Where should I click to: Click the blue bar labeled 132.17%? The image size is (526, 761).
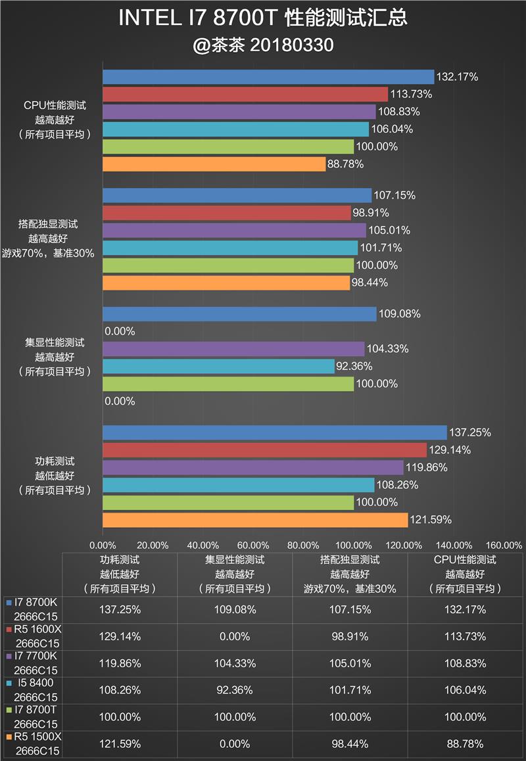click(x=268, y=77)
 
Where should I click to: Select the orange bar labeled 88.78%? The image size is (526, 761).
click(x=214, y=164)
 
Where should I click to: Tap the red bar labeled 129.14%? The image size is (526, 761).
click(x=264, y=450)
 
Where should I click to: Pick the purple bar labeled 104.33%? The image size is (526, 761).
click(x=233, y=349)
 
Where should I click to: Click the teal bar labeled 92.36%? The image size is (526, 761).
click(x=218, y=366)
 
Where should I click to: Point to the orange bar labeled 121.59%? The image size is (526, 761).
click(x=255, y=520)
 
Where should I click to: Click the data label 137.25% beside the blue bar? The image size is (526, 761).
click(x=470, y=432)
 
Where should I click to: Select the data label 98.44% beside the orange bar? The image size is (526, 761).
click(x=370, y=283)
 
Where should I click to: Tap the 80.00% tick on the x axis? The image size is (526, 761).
click(x=304, y=545)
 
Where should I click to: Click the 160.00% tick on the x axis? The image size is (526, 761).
click(x=504, y=545)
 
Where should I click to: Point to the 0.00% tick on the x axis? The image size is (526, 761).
click(x=103, y=545)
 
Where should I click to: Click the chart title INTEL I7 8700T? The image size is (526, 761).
click(x=263, y=18)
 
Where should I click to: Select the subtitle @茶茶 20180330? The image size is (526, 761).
click(x=263, y=45)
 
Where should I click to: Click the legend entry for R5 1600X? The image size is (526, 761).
click(x=33, y=637)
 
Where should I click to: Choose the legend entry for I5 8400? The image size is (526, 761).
click(x=33, y=690)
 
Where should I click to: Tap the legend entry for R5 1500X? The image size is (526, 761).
click(x=33, y=744)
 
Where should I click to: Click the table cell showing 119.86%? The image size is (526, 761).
click(x=120, y=663)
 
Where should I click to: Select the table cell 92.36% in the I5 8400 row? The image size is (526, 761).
click(x=235, y=690)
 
